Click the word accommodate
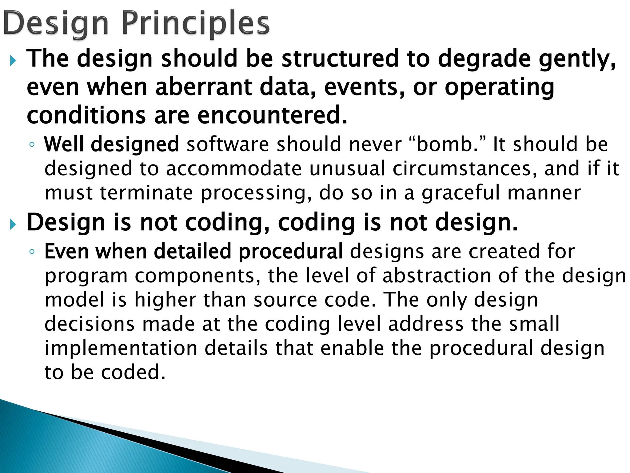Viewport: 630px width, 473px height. [x=234, y=169]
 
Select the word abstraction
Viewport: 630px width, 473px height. [x=437, y=275]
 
